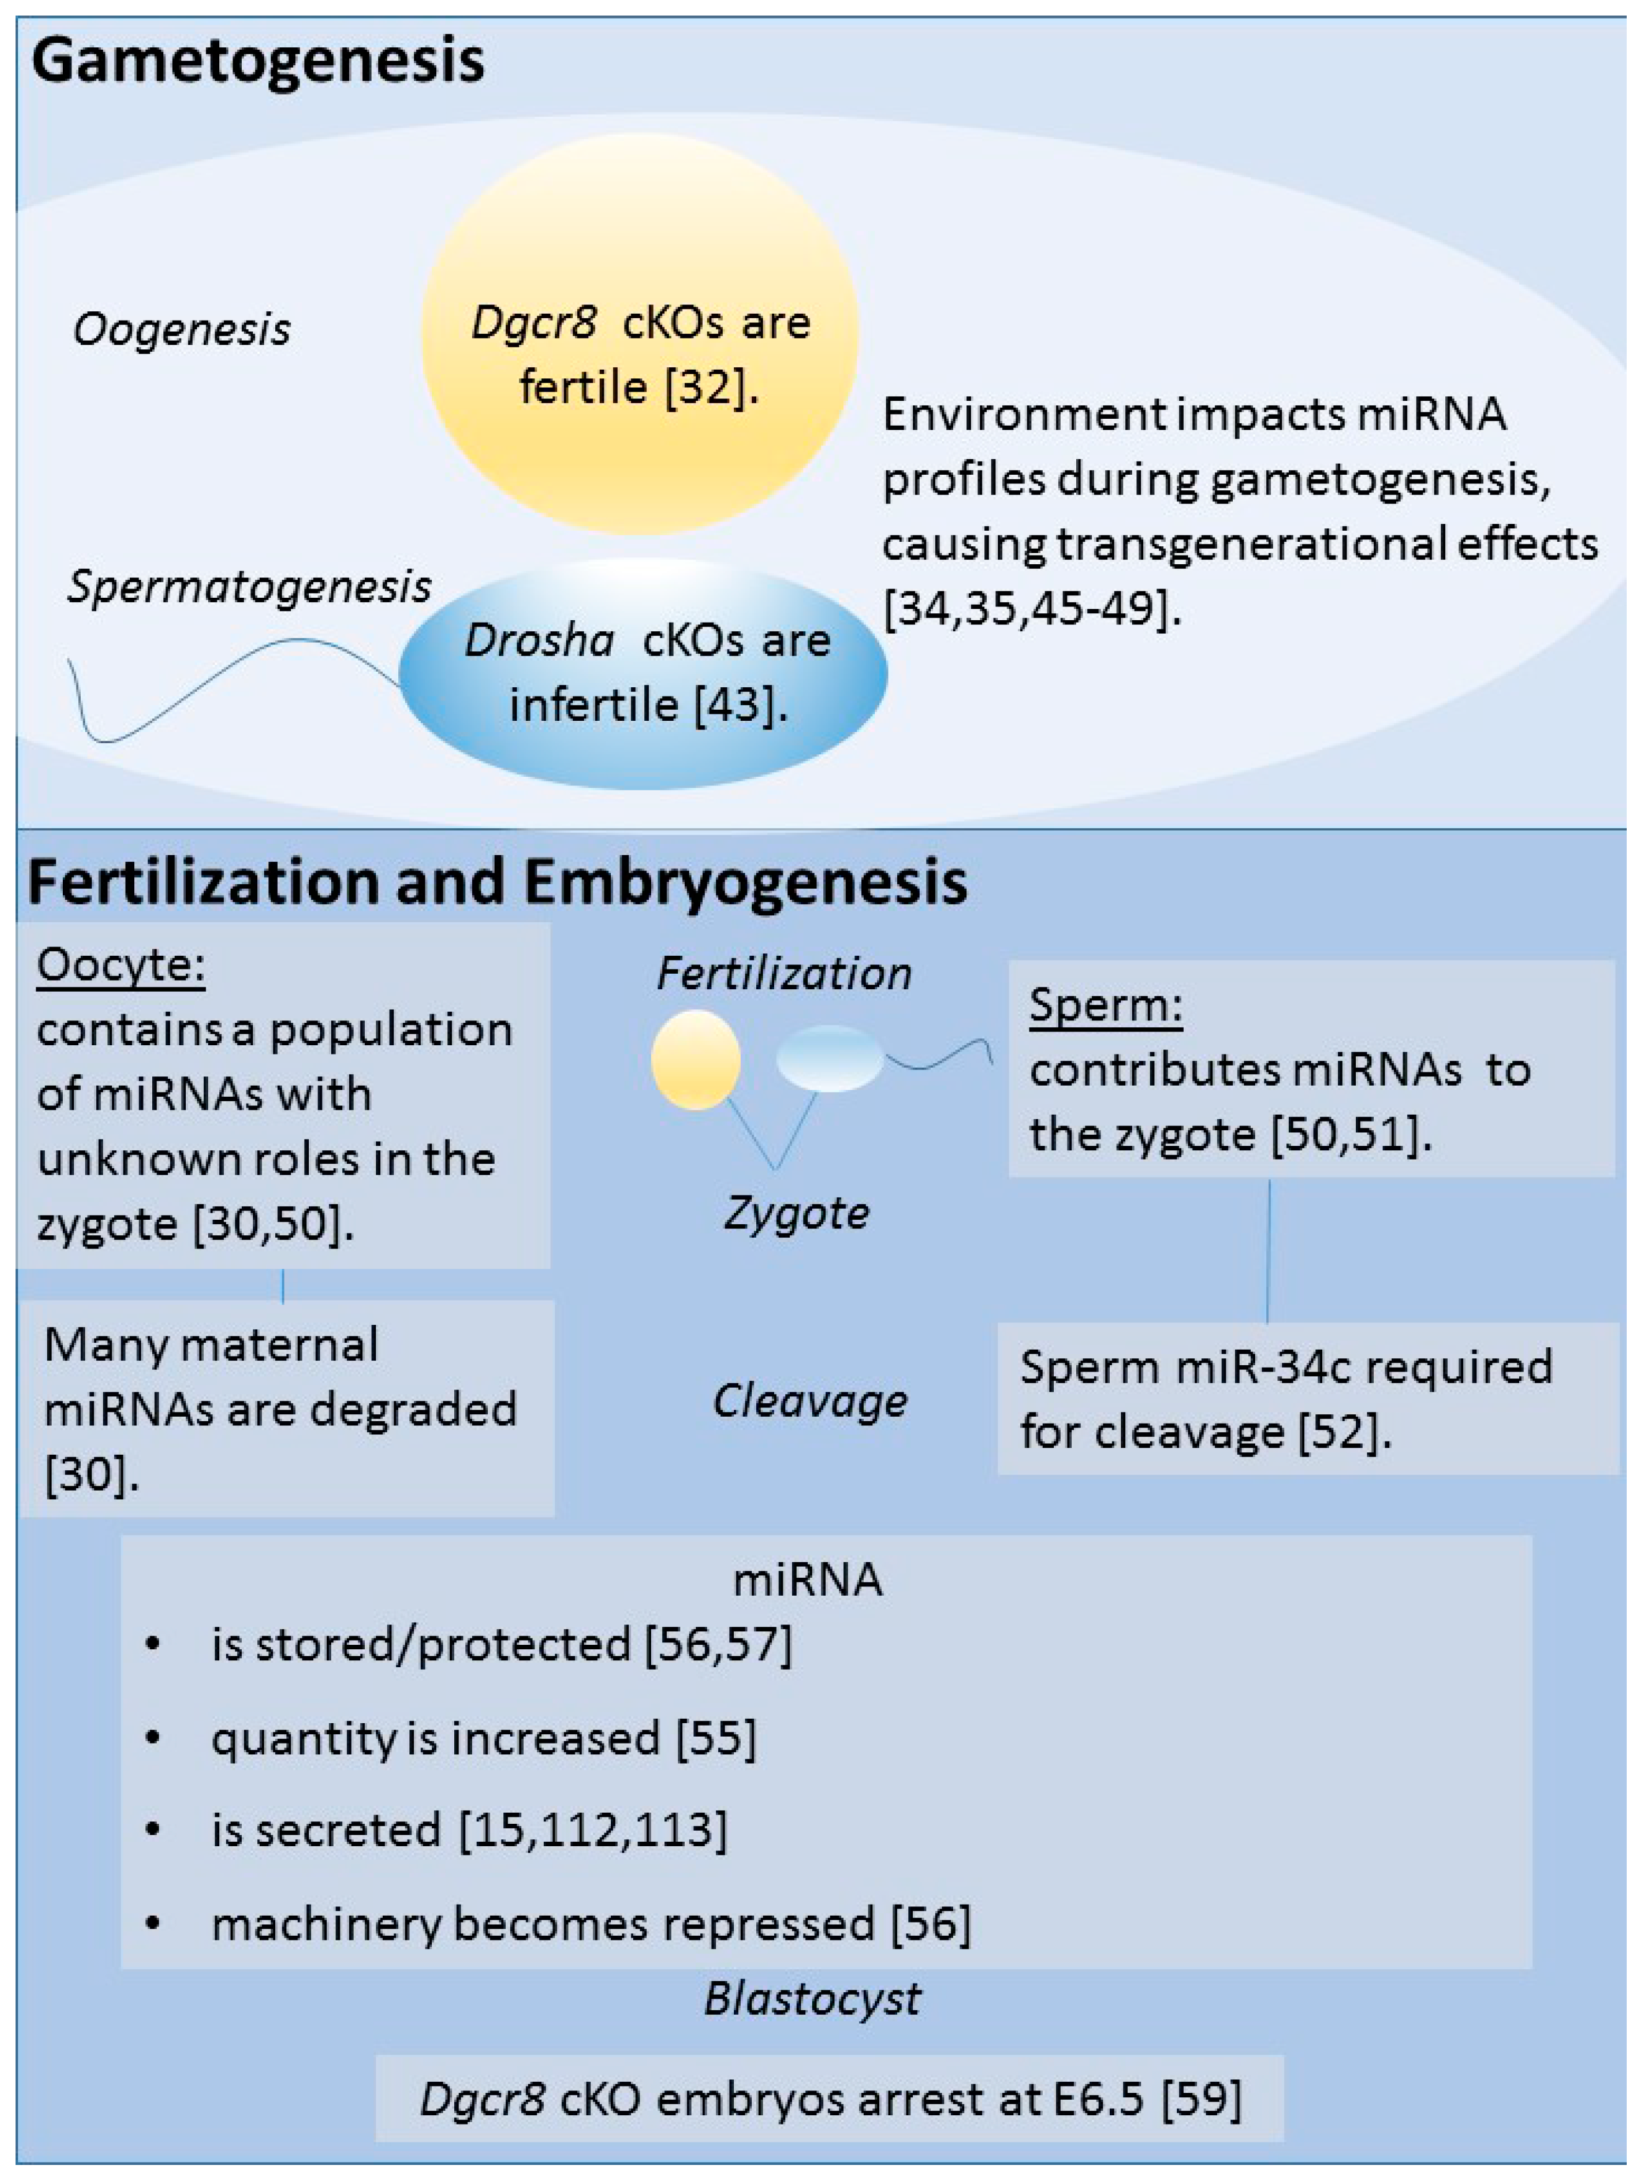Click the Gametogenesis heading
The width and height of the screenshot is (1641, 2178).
point(258,61)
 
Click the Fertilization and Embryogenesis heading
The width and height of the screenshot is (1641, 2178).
point(497,881)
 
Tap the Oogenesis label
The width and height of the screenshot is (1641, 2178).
point(182,329)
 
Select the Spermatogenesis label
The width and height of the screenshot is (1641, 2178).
point(249,587)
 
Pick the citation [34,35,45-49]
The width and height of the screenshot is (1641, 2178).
point(1031,608)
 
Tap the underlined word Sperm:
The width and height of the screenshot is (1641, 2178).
point(1105,1005)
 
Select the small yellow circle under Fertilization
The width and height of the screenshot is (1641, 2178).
point(695,1059)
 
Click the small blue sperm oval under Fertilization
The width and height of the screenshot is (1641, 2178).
point(830,1058)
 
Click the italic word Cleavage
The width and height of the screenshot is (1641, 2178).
point(809,1400)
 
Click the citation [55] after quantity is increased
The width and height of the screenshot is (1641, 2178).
point(716,1738)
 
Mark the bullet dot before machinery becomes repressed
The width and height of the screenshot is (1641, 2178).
point(153,1923)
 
